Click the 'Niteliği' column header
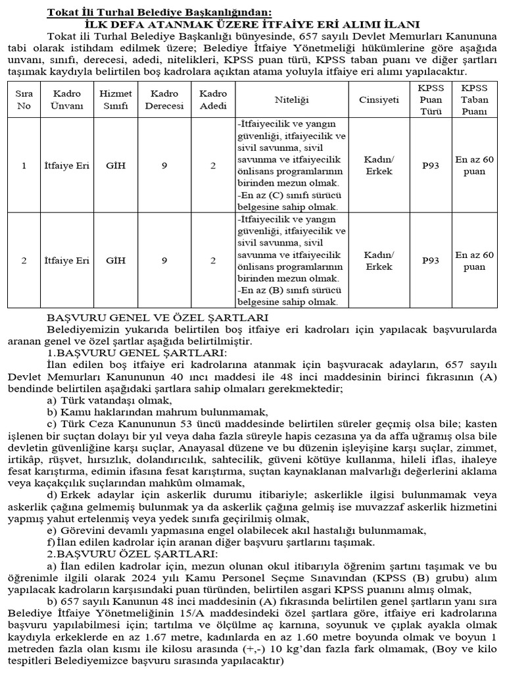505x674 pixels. click(291, 99)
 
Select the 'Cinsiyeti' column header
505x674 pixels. click(379, 99)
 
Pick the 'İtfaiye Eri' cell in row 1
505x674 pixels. click(71, 166)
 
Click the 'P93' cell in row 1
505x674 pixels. click(431, 166)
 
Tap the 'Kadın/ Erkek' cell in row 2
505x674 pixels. click(379, 261)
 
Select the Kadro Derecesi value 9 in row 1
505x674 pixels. click(164, 166)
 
